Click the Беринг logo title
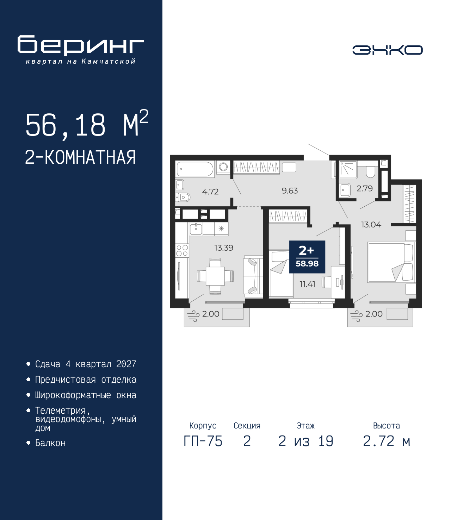click(x=81, y=45)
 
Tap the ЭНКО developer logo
click(x=387, y=50)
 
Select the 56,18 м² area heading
click(x=86, y=125)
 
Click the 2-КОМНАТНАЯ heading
click(x=80, y=157)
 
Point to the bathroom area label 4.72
click(x=210, y=192)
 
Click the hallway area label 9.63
click(x=290, y=191)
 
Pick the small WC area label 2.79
click(x=364, y=189)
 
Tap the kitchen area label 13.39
click(x=224, y=248)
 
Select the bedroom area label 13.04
click(x=371, y=225)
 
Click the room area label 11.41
click(x=307, y=284)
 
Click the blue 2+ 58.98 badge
click(x=307, y=257)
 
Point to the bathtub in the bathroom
click(x=195, y=169)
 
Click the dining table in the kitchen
click(x=215, y=276)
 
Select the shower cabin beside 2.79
click(x=348, y=170)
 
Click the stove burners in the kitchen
click(x=182, y=250)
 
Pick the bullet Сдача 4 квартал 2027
click(x=86, y=364)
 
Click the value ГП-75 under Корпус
click(x=203, y=441)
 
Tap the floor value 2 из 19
click(x=305, y=441)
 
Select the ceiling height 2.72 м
click(x=387, y=441)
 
